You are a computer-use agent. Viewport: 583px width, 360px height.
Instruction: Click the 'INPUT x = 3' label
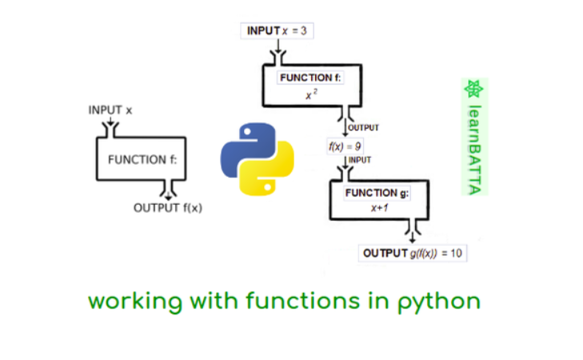(x=277, y=30)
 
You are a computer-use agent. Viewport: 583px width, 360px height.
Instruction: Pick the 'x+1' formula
(x=379, y=208)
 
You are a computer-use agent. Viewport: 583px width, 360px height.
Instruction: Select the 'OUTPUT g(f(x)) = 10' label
(x=412, y=254)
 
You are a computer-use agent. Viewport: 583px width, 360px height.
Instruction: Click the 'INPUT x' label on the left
(x=110, y=110)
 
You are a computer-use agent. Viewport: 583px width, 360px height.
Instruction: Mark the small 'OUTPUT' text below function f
(x=363, y=127)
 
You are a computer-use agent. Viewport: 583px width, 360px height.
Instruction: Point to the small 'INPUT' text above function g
(x=360, y=160)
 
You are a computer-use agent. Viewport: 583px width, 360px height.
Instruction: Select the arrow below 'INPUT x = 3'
(x=277, y=52)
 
